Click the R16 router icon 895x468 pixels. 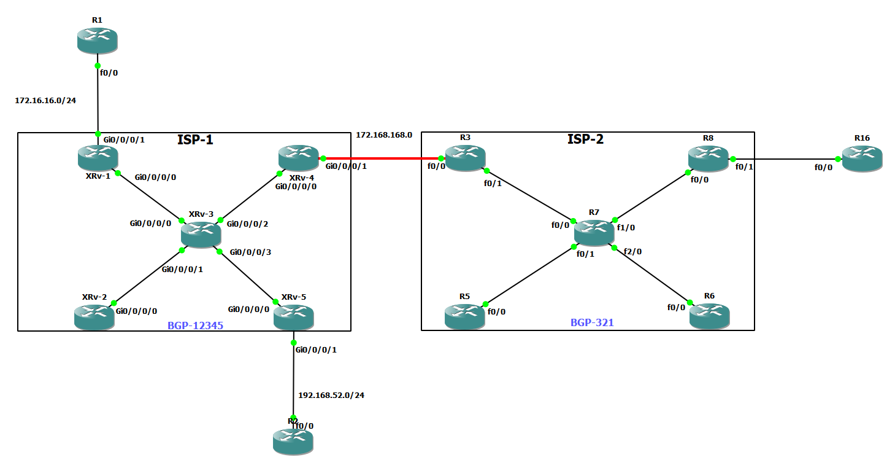click(862, 158)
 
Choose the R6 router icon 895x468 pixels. click(710, 316)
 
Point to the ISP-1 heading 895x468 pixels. click(195, 140)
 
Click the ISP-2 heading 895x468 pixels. click(585, 139)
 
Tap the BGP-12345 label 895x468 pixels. click(195, 326)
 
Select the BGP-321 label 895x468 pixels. click(592, 322)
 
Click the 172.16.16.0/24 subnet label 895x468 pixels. click(45, 99)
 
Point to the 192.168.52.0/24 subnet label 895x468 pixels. click(331, 395)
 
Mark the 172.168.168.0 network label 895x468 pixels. click(383, 135)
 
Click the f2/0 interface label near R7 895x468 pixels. click(632, 251)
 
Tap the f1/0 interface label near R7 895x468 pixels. click(626, 227)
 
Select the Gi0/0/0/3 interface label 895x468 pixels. click(250, 252)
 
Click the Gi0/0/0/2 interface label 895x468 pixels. click(247, 224)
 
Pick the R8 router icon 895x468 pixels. click(708, 158)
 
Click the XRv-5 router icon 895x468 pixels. click(293, 316)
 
